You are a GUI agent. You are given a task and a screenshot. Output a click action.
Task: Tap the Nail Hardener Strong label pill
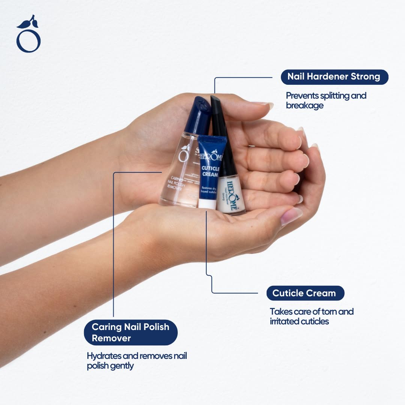pos(334,77)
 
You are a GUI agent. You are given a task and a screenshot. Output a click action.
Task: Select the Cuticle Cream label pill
pos(305,293)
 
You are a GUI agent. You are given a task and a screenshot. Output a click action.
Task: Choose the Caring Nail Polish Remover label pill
pos(130,332)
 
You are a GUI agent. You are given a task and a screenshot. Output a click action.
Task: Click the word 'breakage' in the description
pos(304,106)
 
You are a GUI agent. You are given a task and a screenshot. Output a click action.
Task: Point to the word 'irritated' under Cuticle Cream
pos(284,321)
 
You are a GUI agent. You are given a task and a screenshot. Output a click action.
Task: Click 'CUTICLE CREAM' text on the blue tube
pos(211,171)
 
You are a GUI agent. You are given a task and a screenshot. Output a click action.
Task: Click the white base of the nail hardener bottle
pos(232,195)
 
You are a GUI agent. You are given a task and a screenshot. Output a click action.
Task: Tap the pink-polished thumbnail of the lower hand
pos(291,216)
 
